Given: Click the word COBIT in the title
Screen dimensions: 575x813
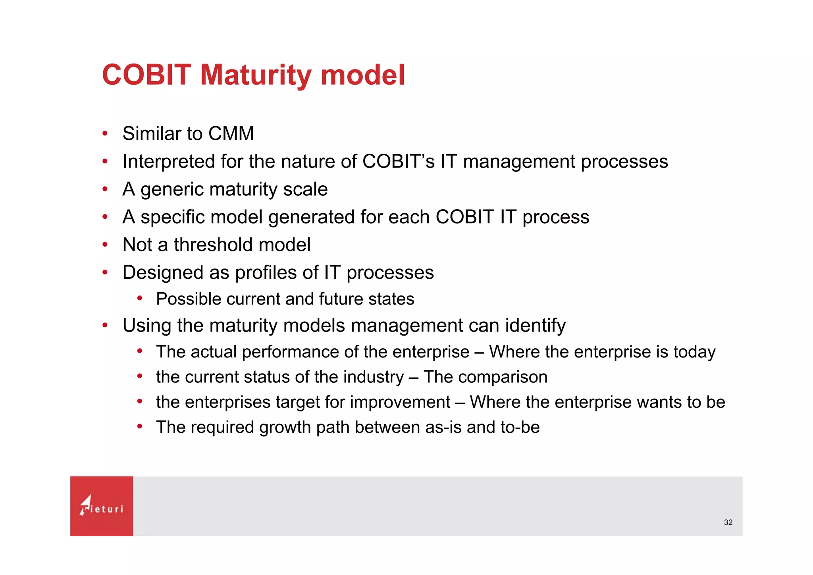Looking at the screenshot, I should pos(146,75).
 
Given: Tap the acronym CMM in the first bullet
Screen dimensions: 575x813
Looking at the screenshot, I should pos(231,133).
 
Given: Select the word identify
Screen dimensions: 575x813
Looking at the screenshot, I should pos(535,326).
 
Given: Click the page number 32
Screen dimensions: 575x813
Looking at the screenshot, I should pos(728,523).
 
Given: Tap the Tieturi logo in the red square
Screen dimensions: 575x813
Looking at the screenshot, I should pos(102,506).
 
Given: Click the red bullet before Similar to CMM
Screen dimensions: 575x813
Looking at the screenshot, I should pos(105,133).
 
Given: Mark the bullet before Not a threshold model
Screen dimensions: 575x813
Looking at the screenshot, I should pos(105,245).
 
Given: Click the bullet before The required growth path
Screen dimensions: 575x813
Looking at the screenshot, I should pos(140,427).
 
